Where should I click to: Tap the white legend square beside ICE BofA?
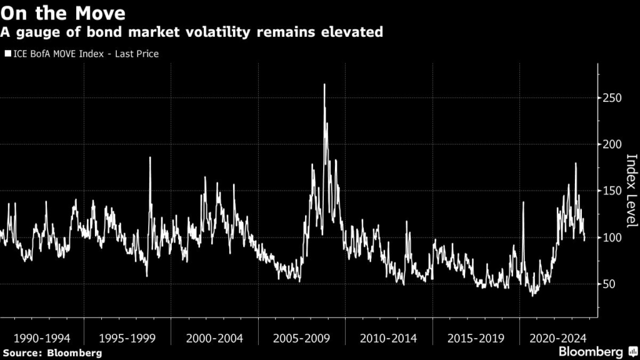click(x=7, y=54)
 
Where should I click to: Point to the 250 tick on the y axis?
click(x=613, y=98)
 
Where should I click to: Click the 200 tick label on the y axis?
click(x=613, y=144)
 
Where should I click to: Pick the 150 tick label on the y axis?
click(x=613, y=191)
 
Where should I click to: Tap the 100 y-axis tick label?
click(x=613, y=237)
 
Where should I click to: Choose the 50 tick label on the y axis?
click(x=610, y=284)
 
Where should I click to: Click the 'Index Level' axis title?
click(x=631, y=191)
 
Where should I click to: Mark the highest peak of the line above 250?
click(x=324, y=85)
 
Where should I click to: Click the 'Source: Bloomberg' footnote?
click(x=51, y=353)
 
